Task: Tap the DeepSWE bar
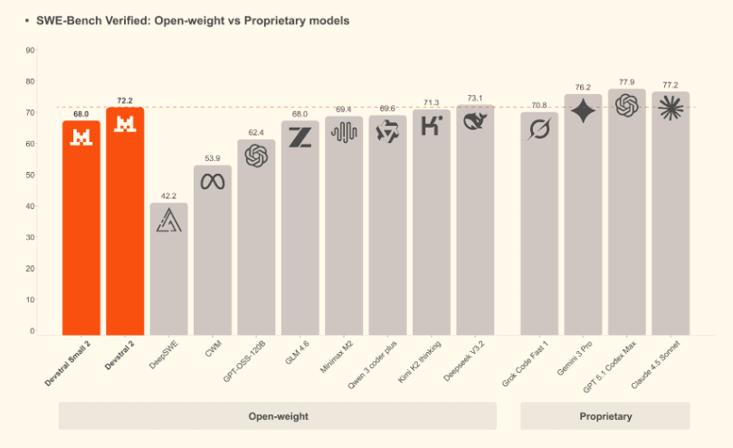click(169, 272)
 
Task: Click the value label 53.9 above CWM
click(213, 157)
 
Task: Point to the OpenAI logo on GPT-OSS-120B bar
click(257, 157)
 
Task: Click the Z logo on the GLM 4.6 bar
click(300, 138)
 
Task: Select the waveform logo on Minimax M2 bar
click(344, 133)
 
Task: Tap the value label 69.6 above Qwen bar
click(387, 108)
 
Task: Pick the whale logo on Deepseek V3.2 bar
click(475, 120)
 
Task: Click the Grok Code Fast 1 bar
click(539, 226)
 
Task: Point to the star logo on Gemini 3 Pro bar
click(583, 111)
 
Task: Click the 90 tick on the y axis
click(31, 51)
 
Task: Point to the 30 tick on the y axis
click(31, 237)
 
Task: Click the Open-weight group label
click(278, 416)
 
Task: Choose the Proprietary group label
click(605, 416)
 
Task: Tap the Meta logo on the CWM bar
click(213, 181)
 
